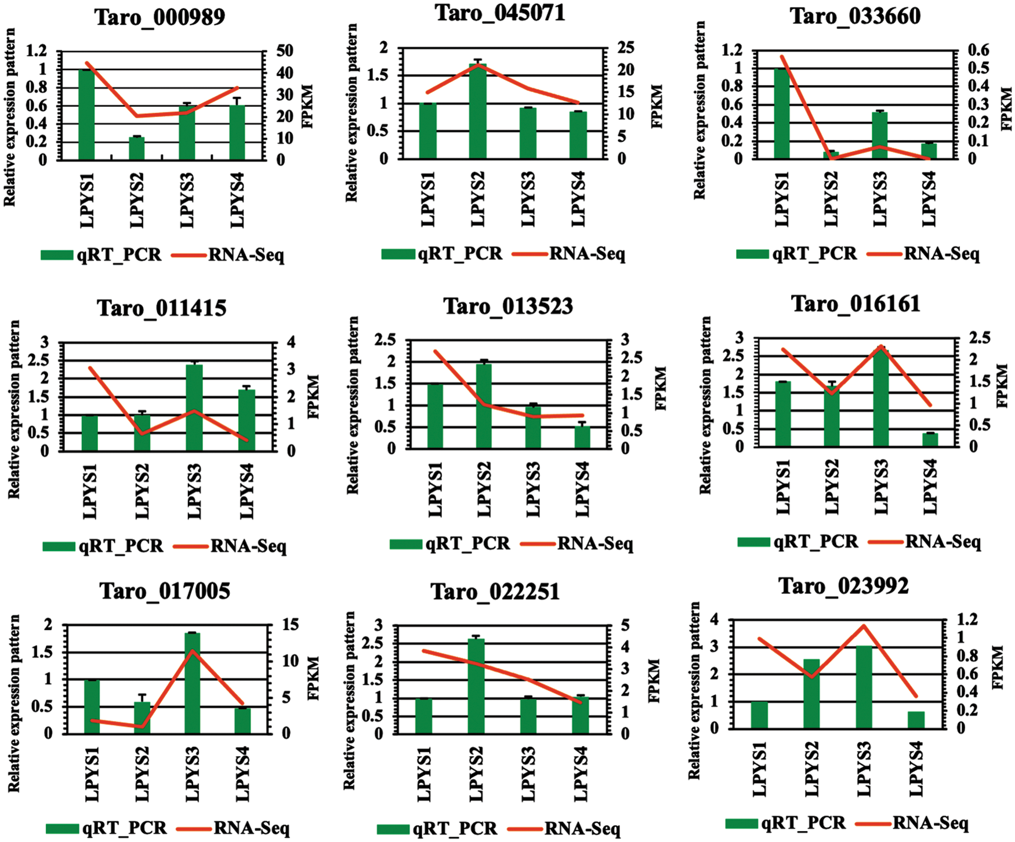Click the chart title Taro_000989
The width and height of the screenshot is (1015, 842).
(x=159, y=17)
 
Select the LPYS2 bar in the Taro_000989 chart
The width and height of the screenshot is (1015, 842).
(x=136, y=148)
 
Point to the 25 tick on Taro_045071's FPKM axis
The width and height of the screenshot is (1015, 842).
(x=626, y=47)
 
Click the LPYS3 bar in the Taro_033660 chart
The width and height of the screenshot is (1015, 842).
(x=880, y=135)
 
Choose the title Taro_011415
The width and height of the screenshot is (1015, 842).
(x=162, y=308)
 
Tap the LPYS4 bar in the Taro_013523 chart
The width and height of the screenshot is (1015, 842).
(x=582, y=437)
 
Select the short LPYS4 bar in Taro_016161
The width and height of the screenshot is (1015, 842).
(x=930, y=440)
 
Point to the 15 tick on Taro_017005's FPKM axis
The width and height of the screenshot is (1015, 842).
(x=291, y=625)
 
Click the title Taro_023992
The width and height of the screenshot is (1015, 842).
(x=843, y=586)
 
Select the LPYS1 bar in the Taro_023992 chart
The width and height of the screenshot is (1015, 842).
(x=759, y=715)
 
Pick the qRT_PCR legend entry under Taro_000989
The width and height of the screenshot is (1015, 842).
(x=101, y=255)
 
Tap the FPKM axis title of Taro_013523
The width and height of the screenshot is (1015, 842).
(x=661, y=388)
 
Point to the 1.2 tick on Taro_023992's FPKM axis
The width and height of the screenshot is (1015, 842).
(x=969, y=619)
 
